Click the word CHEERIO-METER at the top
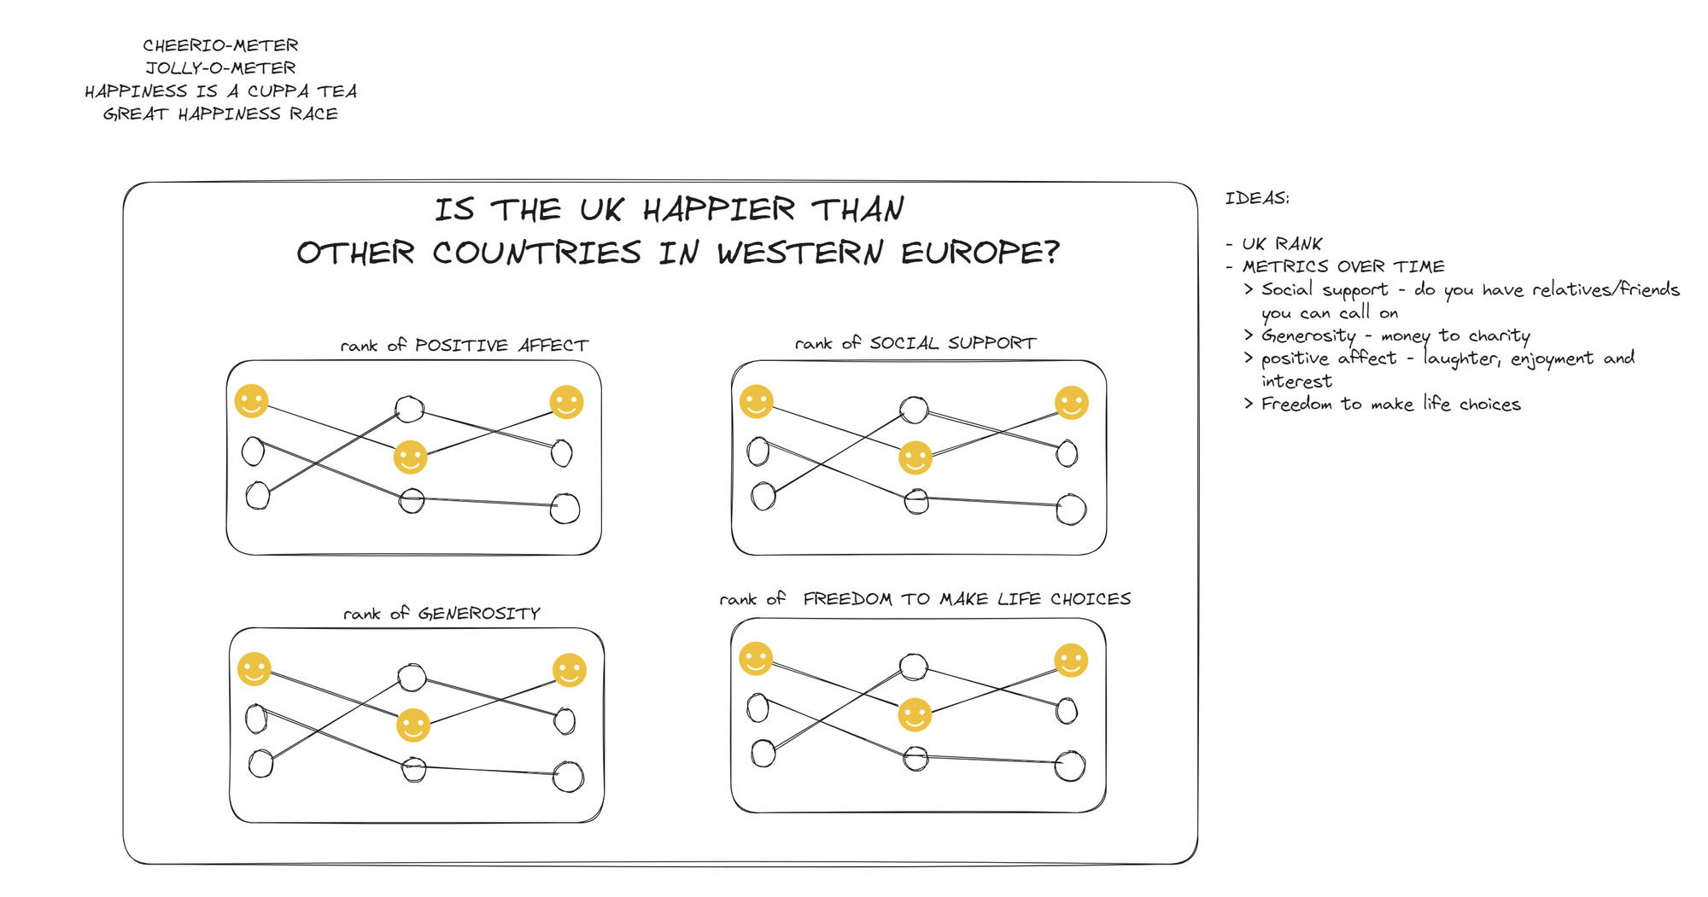click(220, 45)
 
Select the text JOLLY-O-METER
click(220, 68)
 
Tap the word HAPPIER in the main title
click(718, 210)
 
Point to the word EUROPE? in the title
click(980, 253)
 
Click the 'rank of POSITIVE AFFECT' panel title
click(464, 346)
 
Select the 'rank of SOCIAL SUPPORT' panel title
click(915, 343)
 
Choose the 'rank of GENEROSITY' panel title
click(442, 614)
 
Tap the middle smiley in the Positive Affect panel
click(410, 457)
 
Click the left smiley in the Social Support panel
click(757, 401)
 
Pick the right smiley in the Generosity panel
click(570, 670)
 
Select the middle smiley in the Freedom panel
click(915, 715)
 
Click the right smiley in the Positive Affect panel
click(566, 402)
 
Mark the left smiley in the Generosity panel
click(254, 669)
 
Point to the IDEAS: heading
click(1257, 199)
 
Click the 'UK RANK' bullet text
click(1282, 244)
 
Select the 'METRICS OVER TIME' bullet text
click(1343, 267)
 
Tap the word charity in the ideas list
click(1499, 336)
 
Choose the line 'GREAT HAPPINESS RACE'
click(220, 114)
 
